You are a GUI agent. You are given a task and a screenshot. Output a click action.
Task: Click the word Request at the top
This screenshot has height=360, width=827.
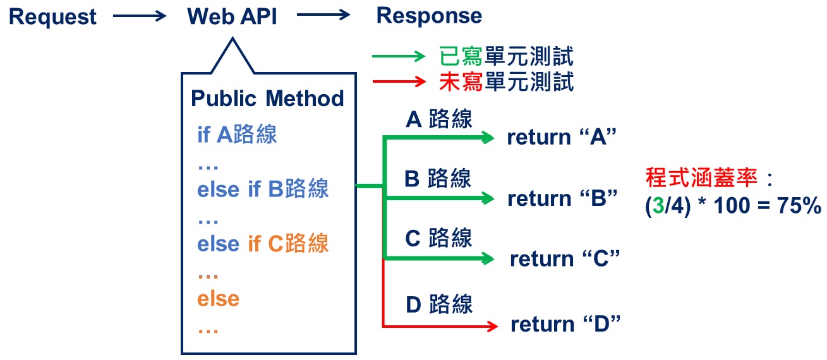53,16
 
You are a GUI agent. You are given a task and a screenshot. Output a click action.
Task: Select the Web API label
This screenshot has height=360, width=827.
232,16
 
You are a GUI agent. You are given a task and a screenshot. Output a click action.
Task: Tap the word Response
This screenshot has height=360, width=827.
429,16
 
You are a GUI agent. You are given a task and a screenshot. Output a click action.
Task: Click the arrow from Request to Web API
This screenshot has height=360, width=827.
138,17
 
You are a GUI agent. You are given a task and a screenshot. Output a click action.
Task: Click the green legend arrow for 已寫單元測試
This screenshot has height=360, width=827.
399,57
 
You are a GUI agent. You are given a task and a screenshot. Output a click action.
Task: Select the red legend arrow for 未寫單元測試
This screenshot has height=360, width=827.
399,81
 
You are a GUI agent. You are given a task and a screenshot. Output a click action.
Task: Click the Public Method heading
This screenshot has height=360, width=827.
267,99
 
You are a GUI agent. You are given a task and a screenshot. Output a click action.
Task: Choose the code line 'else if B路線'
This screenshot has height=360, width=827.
263,189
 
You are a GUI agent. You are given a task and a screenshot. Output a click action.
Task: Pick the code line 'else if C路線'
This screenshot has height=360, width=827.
263,244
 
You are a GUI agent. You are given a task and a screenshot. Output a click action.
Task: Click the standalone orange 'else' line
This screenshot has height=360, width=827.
218,298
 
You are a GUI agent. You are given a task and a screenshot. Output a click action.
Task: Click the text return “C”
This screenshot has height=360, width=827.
564,259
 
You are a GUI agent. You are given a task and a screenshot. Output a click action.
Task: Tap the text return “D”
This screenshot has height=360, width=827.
565,325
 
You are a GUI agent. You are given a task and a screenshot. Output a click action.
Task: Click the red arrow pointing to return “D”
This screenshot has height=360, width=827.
442,326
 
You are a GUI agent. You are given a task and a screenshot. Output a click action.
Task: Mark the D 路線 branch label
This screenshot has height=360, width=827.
438,304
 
